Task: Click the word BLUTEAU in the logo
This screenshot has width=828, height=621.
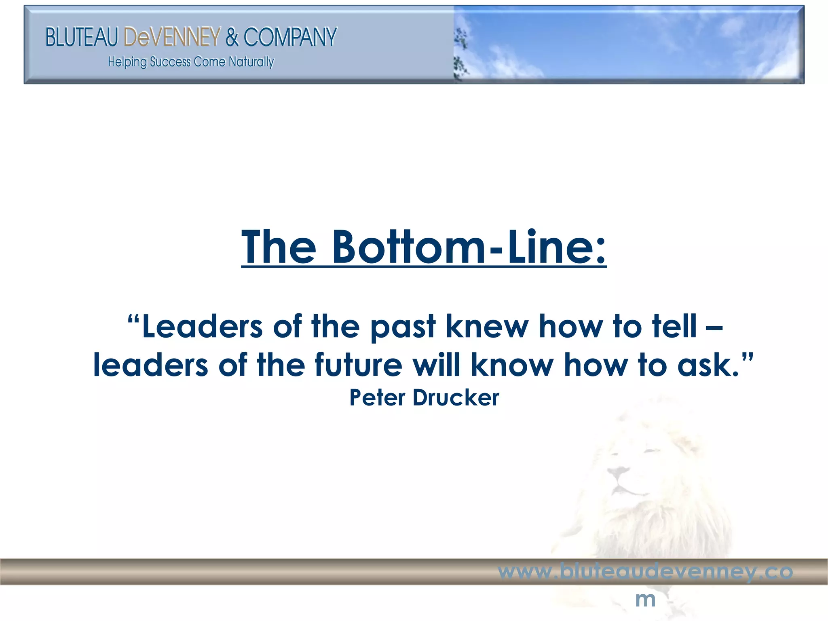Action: pos(81,37)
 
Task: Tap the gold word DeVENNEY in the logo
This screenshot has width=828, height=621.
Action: pos(172,37)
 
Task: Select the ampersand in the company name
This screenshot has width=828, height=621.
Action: pos(232,37)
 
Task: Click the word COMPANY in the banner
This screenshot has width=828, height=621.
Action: pos(290,37)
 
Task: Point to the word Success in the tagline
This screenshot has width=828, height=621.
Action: pos(170,62)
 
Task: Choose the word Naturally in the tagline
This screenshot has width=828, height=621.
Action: pos(251,62)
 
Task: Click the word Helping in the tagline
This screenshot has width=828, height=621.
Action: pos(127,62)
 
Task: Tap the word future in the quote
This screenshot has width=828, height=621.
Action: pos(358,365)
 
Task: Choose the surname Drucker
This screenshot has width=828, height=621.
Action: pos(456,397)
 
